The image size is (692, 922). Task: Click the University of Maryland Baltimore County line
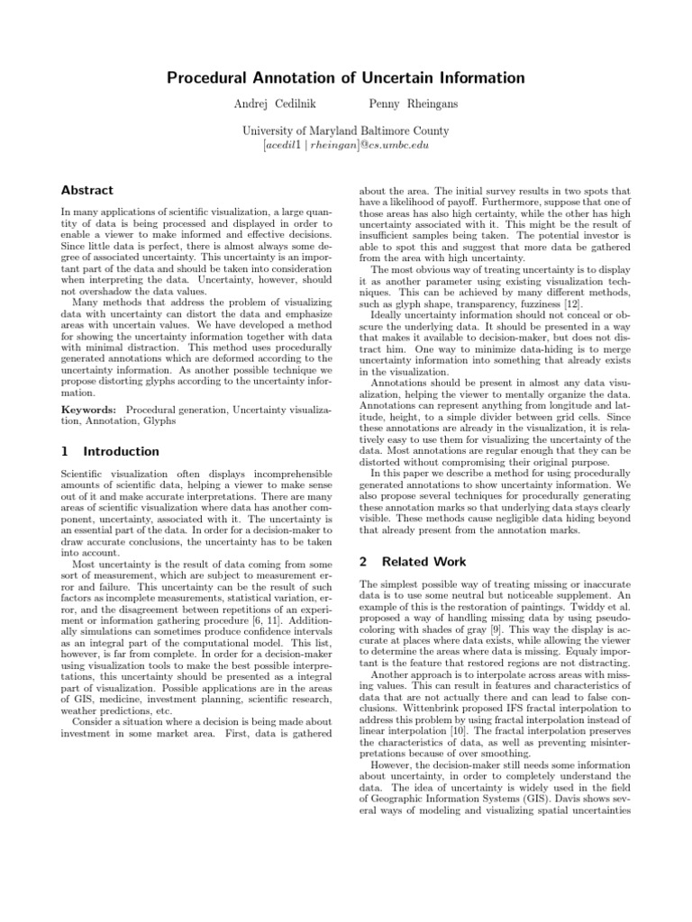click(346, 131)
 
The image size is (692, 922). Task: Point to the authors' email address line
click(346, 144)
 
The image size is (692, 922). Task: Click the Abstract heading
click(86, 191)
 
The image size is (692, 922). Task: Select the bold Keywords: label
click(89, 410)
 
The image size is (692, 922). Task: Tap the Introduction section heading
click(120, 452)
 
